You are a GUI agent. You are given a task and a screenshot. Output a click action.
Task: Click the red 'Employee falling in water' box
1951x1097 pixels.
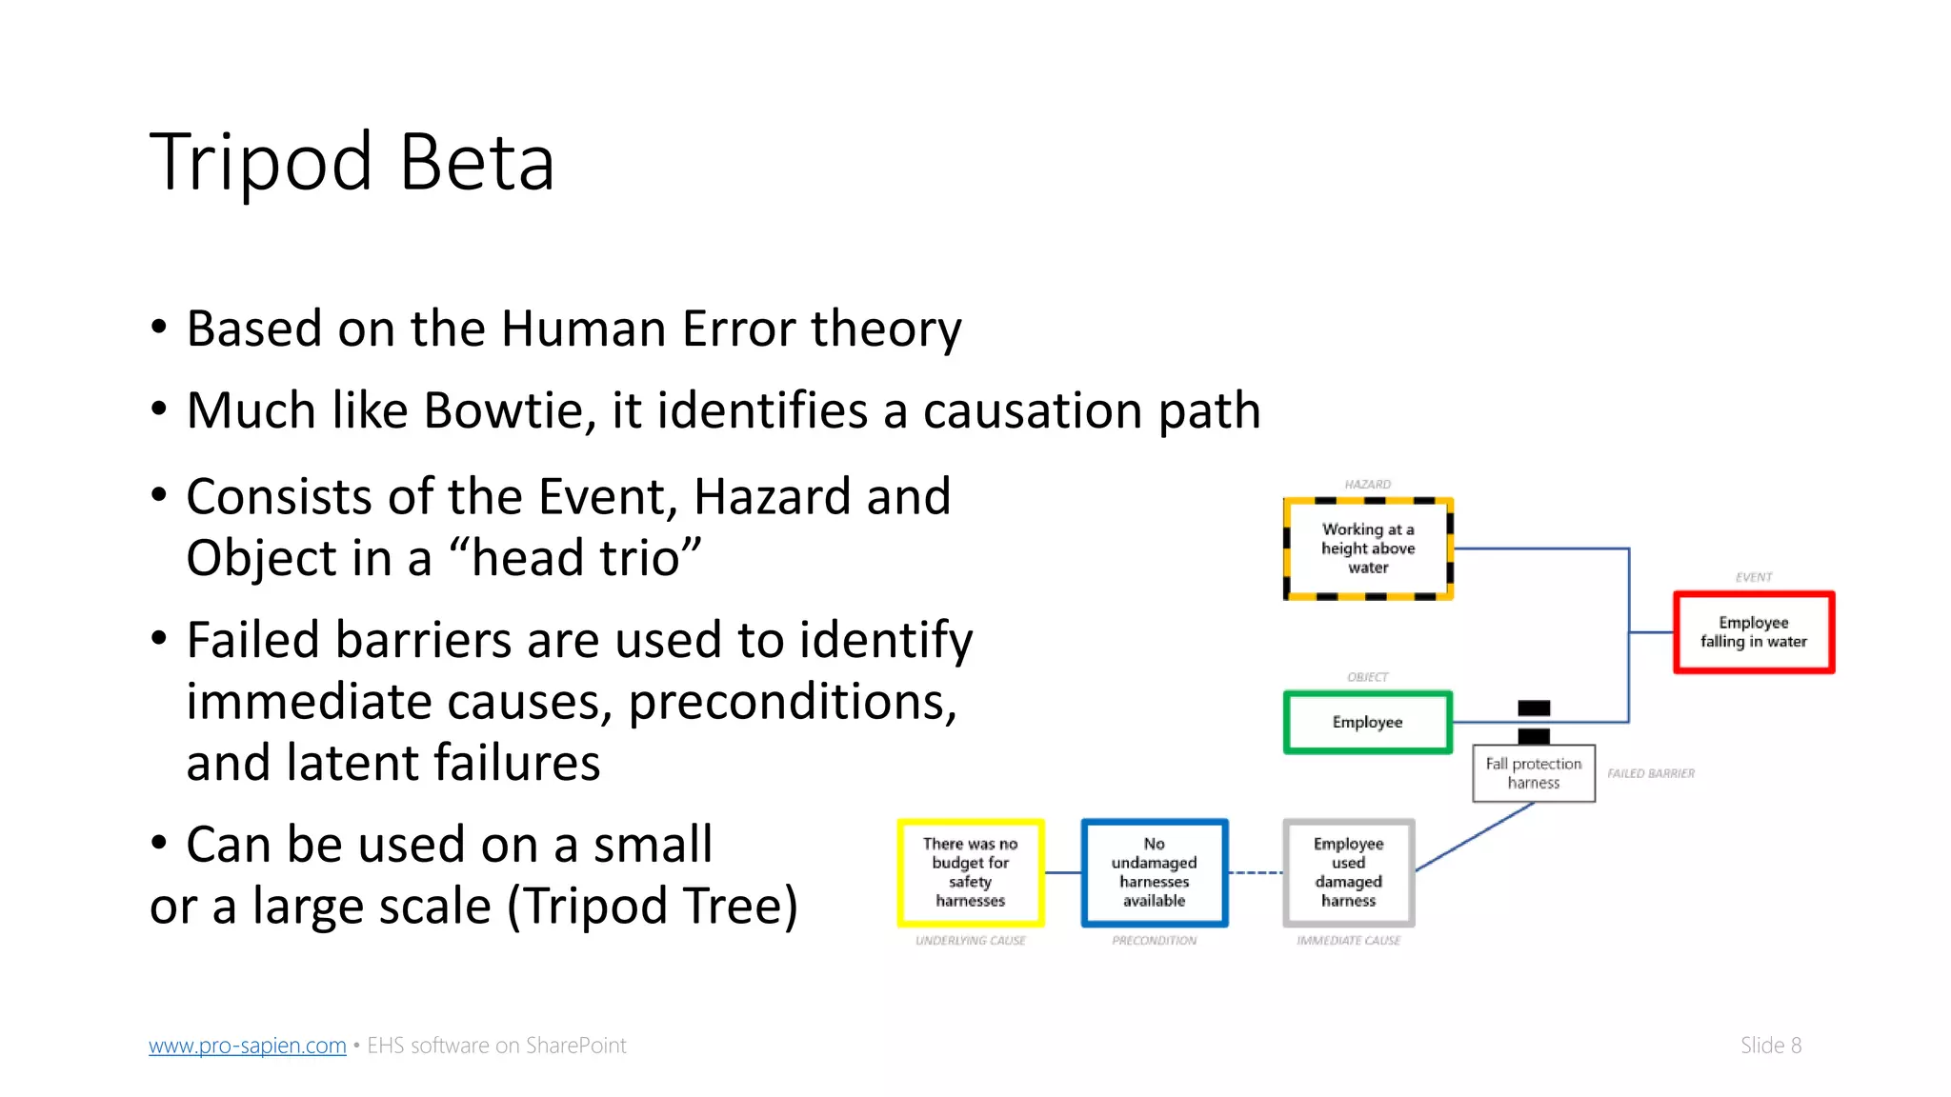coord(1753,632)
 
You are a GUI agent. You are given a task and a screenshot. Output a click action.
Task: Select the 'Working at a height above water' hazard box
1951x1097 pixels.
coord(1368,548)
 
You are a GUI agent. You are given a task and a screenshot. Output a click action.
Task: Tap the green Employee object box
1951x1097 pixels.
coord(1367,722)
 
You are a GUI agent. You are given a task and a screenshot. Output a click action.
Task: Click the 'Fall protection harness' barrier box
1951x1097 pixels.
coord(1533,773)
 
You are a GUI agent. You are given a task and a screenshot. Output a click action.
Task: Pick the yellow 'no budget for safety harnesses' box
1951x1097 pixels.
coord(970,872)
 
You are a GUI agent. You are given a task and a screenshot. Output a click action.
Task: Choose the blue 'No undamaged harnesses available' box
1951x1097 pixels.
coord(1154,872)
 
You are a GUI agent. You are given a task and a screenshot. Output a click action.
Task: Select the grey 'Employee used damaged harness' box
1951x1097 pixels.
coord(1348,872)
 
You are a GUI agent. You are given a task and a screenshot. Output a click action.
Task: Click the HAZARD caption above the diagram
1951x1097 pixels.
coord(1367,485)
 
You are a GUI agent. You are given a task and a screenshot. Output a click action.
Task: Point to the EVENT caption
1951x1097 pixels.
coord(1753,577)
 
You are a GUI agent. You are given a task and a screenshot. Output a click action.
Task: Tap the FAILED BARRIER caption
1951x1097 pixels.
coord(1650,773)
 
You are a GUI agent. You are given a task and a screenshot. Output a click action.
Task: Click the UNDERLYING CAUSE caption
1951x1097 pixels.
coord(970,941)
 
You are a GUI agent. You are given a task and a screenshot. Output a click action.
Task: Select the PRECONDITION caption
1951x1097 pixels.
coord(1154,941)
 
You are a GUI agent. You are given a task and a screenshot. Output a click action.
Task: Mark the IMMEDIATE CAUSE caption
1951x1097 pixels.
coord(1348,941)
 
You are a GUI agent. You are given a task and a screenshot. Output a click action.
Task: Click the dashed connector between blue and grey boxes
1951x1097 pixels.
coord(1256,872)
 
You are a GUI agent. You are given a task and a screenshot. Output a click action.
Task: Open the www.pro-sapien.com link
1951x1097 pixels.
coord(247,1046)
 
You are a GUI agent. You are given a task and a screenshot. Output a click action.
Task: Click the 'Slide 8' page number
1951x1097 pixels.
coord(1770,1046)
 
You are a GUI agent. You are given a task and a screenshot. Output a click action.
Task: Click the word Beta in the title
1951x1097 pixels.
coord(476,162)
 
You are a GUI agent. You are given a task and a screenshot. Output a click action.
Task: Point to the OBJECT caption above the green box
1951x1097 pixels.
coord(1367,677)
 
